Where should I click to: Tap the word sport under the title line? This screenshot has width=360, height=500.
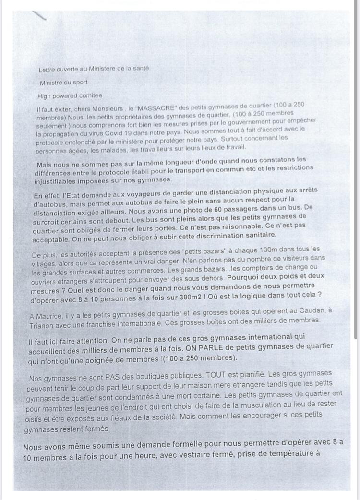(79, 82)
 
